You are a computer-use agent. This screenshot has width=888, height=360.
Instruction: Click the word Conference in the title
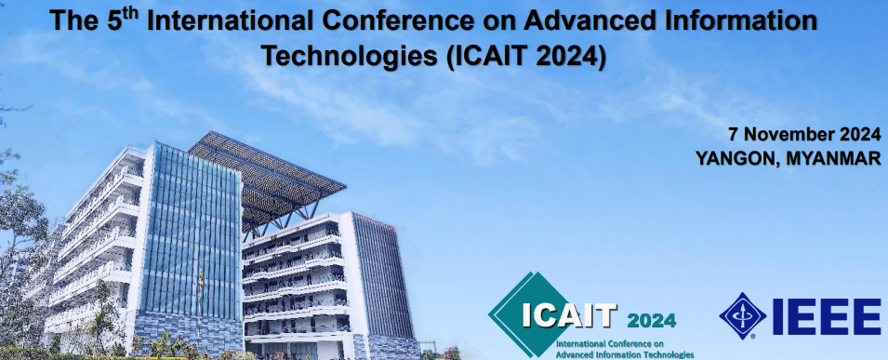pos(415,21)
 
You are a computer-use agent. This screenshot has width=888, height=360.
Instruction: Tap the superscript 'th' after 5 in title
pos(131,13)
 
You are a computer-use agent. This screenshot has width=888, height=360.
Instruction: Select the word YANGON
pos(734,158)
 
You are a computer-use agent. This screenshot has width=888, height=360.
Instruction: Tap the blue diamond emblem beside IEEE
pos(742,315)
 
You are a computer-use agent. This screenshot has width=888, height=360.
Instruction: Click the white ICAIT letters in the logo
pos(568,316)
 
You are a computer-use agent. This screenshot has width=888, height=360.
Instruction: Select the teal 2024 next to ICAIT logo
pos(651,321)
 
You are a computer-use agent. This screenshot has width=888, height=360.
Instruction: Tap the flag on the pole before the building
pos(201,279)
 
